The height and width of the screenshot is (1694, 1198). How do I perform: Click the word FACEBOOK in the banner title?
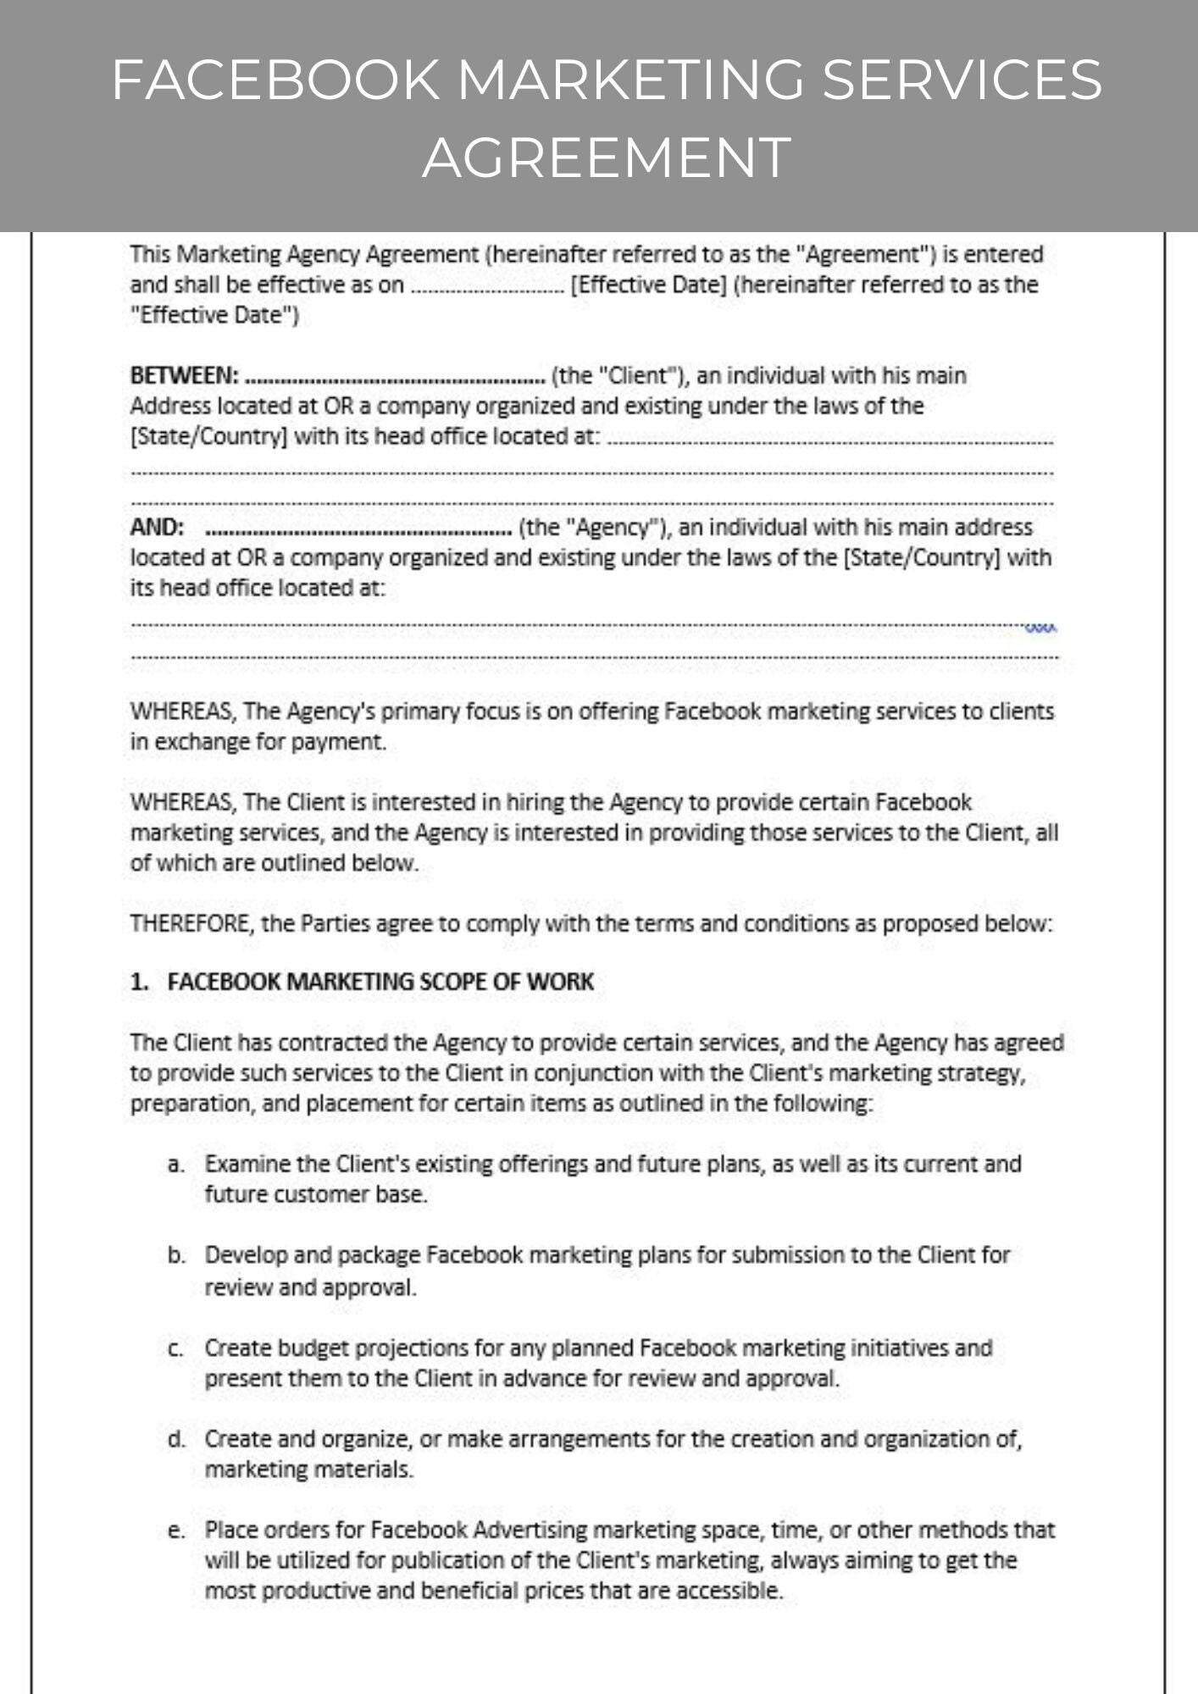[275, 80]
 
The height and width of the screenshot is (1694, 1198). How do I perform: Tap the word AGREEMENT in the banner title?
[607, 158]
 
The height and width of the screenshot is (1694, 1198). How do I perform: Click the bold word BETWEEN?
[184, 375]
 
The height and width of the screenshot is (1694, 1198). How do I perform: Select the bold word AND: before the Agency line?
[157, 527]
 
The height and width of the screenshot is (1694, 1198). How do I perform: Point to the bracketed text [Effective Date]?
[649, 285]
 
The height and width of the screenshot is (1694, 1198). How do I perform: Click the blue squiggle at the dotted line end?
[1040, 628]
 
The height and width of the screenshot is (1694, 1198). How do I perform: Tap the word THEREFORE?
[191, 923]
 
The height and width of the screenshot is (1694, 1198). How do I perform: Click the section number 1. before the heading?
[140, 982]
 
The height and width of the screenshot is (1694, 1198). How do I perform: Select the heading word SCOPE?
[455, 982]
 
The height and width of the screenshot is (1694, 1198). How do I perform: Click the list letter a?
[175, 1165]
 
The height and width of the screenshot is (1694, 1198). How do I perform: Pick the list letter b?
[175, 1255]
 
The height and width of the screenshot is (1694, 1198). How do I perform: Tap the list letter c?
[175, 1348]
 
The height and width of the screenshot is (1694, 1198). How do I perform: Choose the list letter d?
[175, 1439]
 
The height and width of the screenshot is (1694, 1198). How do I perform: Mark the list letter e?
[175, 1531]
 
